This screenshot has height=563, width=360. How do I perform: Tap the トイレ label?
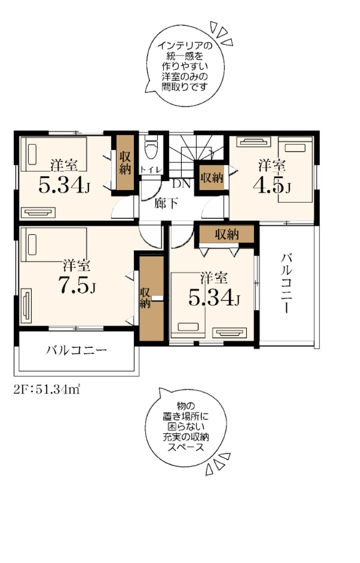pyautogui.click(x=151, y=169)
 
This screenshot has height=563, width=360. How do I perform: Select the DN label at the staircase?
pyautogui.click(x=181, y=184)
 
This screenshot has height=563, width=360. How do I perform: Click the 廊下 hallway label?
pyautogui.click(x=166, y=203)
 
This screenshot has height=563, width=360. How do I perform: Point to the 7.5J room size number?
pyautogui.click(x=77, y=285)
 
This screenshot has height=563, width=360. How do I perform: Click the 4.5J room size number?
pyautogui.click(x=272, y=186)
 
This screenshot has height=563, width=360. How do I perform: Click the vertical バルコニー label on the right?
pyautogui.click(x=287, y=283)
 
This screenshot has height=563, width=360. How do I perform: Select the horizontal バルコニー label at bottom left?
pyautogui.click(x=76, y=350)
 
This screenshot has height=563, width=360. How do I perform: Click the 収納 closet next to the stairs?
pyautogui.click(x=212, y=178)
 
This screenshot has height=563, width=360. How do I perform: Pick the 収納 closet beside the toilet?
pyautogui.click(x=125, y=163)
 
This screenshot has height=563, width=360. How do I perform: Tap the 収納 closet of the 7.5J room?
pyautogui.click(x=151, y=298)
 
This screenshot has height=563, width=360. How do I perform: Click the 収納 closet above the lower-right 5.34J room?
pyautogui.click(x=227, y=234)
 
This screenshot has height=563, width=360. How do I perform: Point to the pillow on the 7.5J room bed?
pyautogui.click(x=33, y=245)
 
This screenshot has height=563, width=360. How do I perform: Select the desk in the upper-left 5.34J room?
pyautogui.click(x=38, y=212)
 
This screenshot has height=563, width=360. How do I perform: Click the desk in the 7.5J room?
pyautogui.click(x=26, y=306)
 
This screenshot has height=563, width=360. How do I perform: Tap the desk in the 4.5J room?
pyautogui.click(x=254, y=141)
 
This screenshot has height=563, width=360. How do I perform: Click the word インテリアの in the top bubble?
pyautogui.click(x=185, y=46)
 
